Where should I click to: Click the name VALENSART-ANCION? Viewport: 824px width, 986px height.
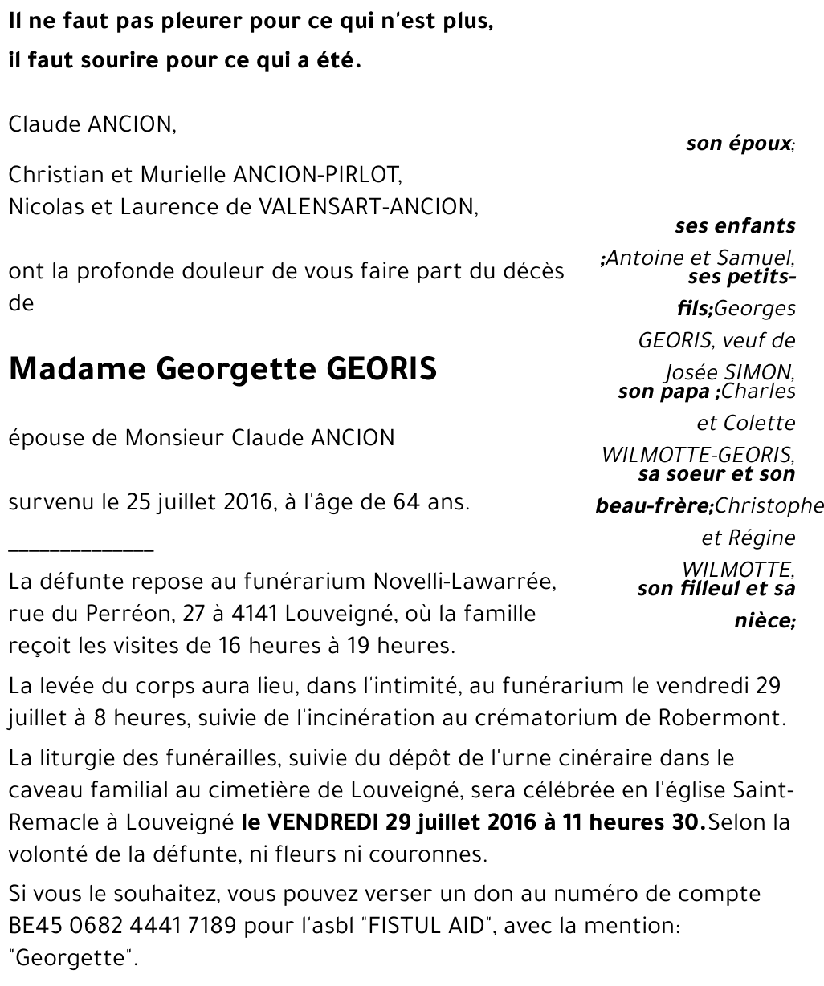[x=367, y=207]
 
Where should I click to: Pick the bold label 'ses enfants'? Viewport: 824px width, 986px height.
[x=735, y=226]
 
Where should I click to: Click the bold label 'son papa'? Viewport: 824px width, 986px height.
[x=664, y=392]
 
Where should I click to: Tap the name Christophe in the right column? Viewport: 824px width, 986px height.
[x=769, y=505]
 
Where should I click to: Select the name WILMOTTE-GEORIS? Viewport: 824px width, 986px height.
[x=698, y=455]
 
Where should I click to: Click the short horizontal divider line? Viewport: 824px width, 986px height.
[x=80, y=550]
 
